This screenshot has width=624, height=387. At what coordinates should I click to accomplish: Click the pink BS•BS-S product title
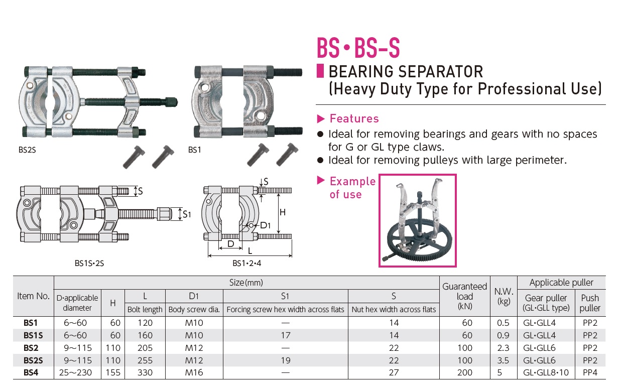pyautogui.click(x=358, y=49)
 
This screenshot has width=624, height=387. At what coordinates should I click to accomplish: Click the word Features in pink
pyautogui.click(x=354, y=119)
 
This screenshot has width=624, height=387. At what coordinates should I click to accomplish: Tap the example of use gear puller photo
pyautogui.click(x=417, y=220)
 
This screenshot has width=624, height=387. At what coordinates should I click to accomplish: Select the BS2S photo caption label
pyautogui.click(x=27, y=150)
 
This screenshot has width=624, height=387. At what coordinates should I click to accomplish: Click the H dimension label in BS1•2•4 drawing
pyautogui.click(x=282, y=212)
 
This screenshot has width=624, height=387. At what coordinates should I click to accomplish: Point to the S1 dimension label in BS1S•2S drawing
pyautogui.click(x=187, y=214)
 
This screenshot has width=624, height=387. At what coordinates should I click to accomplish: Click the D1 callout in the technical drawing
pyautogui.click(x=265, y=225)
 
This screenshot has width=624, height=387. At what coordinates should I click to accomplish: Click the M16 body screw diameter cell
pyautogui.click(x=194, y=372)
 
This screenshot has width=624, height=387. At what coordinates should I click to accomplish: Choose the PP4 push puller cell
pyautogui.click(x=590, y=372)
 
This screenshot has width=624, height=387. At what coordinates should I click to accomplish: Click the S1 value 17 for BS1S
pyautogui.click(x=285, y=335)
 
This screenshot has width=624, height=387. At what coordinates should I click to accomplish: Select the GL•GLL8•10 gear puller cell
pyautogui.click(x=546, y=372)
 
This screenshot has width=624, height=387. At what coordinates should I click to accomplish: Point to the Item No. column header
pyautogui.click(x=33, y=296)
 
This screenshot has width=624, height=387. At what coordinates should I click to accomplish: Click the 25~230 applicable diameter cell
pyautogui.click(x=77, y=372)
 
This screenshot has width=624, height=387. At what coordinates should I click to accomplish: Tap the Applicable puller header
pyautogui.click(x=561, y=283)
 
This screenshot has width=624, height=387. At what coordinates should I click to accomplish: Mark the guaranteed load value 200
pyautogui.click(x=465, y=372)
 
